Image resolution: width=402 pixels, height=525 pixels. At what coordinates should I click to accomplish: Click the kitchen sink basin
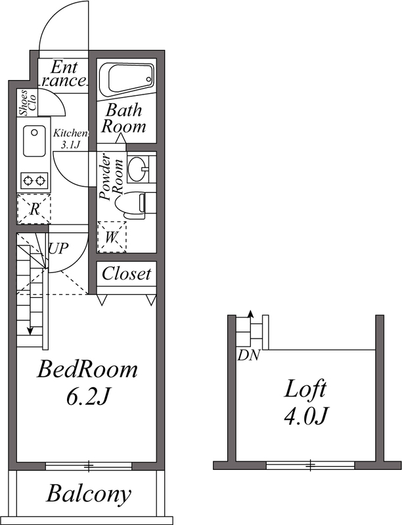(34, 141)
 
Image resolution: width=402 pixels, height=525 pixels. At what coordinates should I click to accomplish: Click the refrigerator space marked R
(34, 209)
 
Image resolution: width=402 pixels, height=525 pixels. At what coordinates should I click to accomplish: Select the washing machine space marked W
(111, 237)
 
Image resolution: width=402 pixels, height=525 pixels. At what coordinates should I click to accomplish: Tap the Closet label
(126, 274)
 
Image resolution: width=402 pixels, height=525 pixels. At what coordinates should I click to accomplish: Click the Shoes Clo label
(28, 103)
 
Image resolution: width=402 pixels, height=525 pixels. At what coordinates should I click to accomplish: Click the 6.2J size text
(88, 397)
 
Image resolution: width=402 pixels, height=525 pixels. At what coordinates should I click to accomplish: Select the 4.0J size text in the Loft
(305, 416)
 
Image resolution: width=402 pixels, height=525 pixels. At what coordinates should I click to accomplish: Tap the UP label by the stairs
(58, 249)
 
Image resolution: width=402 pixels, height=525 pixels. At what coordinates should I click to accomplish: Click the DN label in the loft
(248, 356)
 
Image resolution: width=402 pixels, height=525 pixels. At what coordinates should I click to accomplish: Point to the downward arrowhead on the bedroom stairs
(30, 331)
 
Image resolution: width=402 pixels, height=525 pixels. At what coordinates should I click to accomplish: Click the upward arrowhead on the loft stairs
(250, 314)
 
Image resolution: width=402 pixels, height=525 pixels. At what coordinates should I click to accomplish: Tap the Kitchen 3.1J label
(70, 139)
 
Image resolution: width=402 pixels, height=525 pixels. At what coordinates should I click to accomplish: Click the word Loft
(305, 389)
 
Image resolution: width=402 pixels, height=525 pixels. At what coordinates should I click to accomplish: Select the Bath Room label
(124, 119)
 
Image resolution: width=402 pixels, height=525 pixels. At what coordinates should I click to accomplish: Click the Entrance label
(64, 74)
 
